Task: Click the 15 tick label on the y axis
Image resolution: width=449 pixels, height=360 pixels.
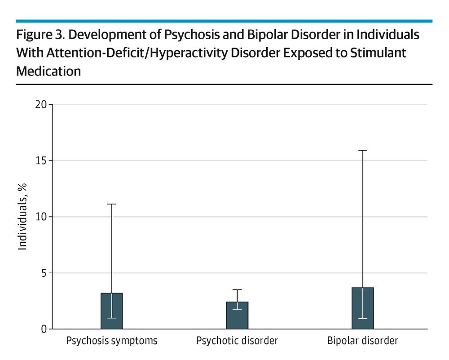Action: click(x=42, y=161)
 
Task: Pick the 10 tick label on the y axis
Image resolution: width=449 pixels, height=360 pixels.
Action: click(x=42, y=217)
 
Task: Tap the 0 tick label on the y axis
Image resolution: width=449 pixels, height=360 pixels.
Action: click(x=44, y=329)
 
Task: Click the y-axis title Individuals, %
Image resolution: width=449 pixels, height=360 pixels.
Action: click(x=23, y=217)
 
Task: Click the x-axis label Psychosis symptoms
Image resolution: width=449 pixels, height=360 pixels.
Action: click(x=112, y=341)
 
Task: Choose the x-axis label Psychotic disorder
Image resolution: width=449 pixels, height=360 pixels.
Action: click(x=237, y=341)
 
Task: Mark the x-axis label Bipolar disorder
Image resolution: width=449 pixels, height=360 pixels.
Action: click(x=363, y=341)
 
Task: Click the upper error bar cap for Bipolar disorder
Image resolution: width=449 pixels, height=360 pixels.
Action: click(x=363, y=151)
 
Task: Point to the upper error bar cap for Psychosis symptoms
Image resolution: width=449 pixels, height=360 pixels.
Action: click(x=112, y=204)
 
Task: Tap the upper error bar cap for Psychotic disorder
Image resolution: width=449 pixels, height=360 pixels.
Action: click(x=237, y=290)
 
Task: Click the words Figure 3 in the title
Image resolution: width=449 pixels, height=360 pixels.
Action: click(x=34, y=36)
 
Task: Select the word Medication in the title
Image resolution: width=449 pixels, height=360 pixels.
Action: click(x=48, y=71)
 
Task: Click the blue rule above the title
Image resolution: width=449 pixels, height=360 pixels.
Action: click(x=224, y=21)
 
